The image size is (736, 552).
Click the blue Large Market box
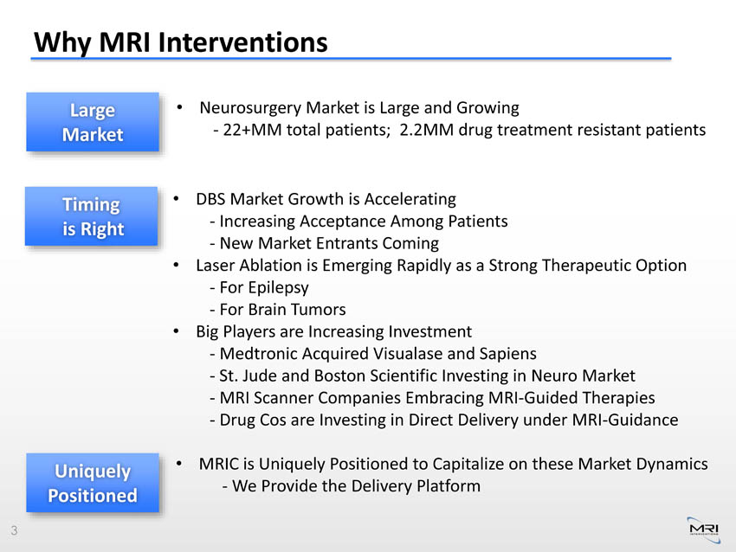click(93, 122)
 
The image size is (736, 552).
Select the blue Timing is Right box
click(91, 216)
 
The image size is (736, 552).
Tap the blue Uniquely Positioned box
click(93, 483)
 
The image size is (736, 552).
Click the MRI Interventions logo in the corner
click(704, 530)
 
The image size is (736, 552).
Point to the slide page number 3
click(14, 530)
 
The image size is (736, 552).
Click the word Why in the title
click(62, 42)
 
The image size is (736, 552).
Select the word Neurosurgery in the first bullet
click(250, 108)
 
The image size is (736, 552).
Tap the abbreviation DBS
click(210, 199)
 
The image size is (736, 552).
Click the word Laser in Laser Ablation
click(216, 266)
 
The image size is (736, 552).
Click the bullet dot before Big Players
click(176, 331)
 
